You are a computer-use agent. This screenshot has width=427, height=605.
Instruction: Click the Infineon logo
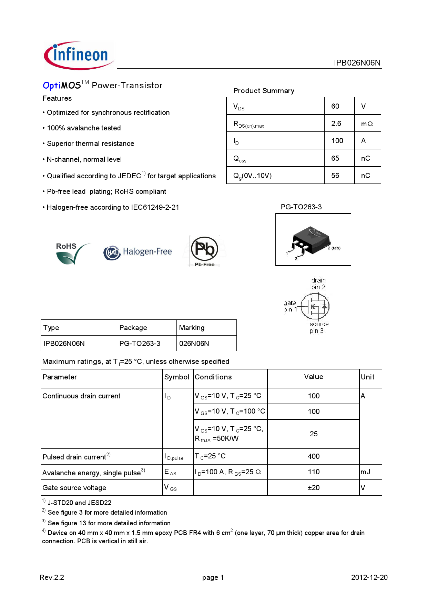pyautogui.click(x=79, y=55)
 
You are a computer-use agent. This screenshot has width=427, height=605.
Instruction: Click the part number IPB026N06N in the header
pyautogui.click(x=357, y=63)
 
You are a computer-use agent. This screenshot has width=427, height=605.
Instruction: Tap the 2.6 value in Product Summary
pyautogui.click(x=336, y=123)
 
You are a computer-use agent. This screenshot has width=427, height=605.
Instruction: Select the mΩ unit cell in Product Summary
pyautogui.click(x=367, y=124)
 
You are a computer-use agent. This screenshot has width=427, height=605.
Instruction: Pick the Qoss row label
pyautogui.click(x=240, y=159)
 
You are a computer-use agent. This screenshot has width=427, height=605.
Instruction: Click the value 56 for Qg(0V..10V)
pyautogui.click(x=335, y=176)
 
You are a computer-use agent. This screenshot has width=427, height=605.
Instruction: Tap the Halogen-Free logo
pyautogui.click(x=138, y=252)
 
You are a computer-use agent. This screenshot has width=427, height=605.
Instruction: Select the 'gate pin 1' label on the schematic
pyautogui.click(x=290, y=306)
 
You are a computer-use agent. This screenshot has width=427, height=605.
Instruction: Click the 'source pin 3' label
pyautogui.click(x=318, y=327)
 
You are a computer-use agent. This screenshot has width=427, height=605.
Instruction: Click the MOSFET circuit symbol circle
pyautogui.click(x=315, y=306)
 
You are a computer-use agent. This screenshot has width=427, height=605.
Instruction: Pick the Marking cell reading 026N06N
pyautogui.click(x=194, y=344)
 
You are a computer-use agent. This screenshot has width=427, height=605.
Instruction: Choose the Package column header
pyautogui.click(x=133, y=328)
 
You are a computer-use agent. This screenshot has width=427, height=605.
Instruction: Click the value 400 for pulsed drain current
pyautogui.click(x=314, y=456)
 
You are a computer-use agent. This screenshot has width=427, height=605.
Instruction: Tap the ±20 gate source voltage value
pyautogui.click(x=314, y=488)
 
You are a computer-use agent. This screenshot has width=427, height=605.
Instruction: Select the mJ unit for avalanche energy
pyautogui.click(x=365, y=472)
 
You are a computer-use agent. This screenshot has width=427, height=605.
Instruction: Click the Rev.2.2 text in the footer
pyautogui.click(x=52, y=577)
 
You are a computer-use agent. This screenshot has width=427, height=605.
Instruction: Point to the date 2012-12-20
pyautogui.click(x=369, y=577)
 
